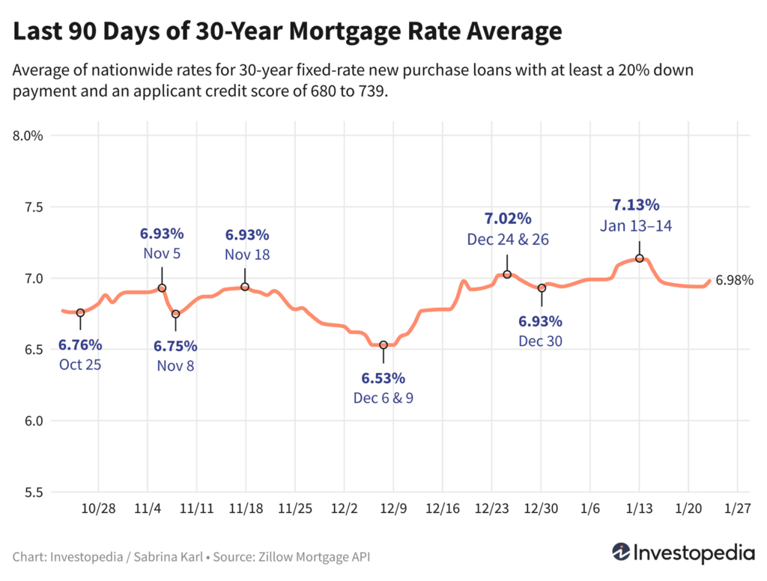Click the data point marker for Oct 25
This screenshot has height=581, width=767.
coord(80,312)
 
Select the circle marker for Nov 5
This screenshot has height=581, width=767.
coord(162,288)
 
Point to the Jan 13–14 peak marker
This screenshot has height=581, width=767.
coord(640,258)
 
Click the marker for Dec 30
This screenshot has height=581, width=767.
coord(542,288)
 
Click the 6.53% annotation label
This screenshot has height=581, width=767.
coord(383,377)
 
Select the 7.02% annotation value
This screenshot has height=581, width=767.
coord(507,219)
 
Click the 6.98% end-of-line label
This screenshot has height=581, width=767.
coord(734,281)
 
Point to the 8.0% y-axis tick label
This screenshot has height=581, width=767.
coord(27,136)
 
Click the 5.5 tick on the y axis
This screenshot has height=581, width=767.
coord(32,492)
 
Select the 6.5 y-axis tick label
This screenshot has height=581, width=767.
coord(32,350)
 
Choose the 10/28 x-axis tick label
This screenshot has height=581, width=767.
coord(99,508)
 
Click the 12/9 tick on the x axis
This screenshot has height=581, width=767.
coord(393,508)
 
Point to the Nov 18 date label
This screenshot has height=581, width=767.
coord(247,255)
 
